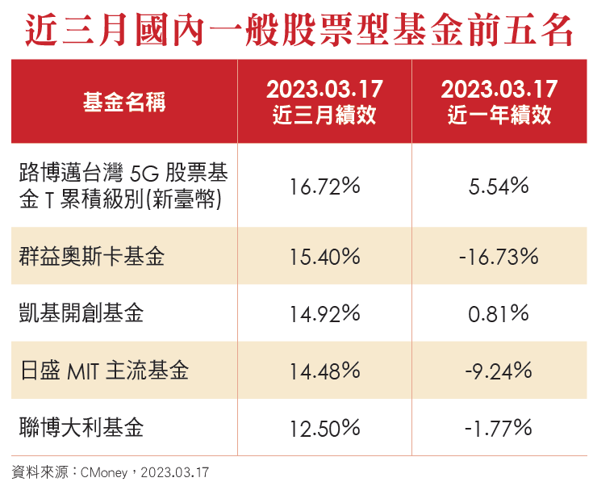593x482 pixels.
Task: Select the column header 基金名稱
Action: point(123,103)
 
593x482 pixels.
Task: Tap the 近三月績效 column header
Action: point(324,103)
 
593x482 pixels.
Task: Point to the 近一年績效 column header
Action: point(499,103)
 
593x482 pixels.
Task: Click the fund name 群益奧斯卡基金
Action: point(91,257)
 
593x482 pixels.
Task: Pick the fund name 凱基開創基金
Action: point(81,313)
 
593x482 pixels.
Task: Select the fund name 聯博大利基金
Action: point(81,426)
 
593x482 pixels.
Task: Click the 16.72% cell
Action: point(324,187)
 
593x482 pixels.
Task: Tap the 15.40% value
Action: point(324,257)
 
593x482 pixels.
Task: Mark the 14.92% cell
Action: point(324,313)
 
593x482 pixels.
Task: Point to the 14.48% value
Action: point(324,371)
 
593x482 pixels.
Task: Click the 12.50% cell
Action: point(324,426)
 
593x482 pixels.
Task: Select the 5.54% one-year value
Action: point(499,187)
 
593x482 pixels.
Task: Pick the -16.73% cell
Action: point(499,257)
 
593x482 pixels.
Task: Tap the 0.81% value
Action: point(499,313)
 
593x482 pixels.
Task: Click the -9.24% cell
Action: point(499,371)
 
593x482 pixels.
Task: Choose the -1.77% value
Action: point(499,426)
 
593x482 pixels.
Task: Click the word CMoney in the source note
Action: point(104,472)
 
